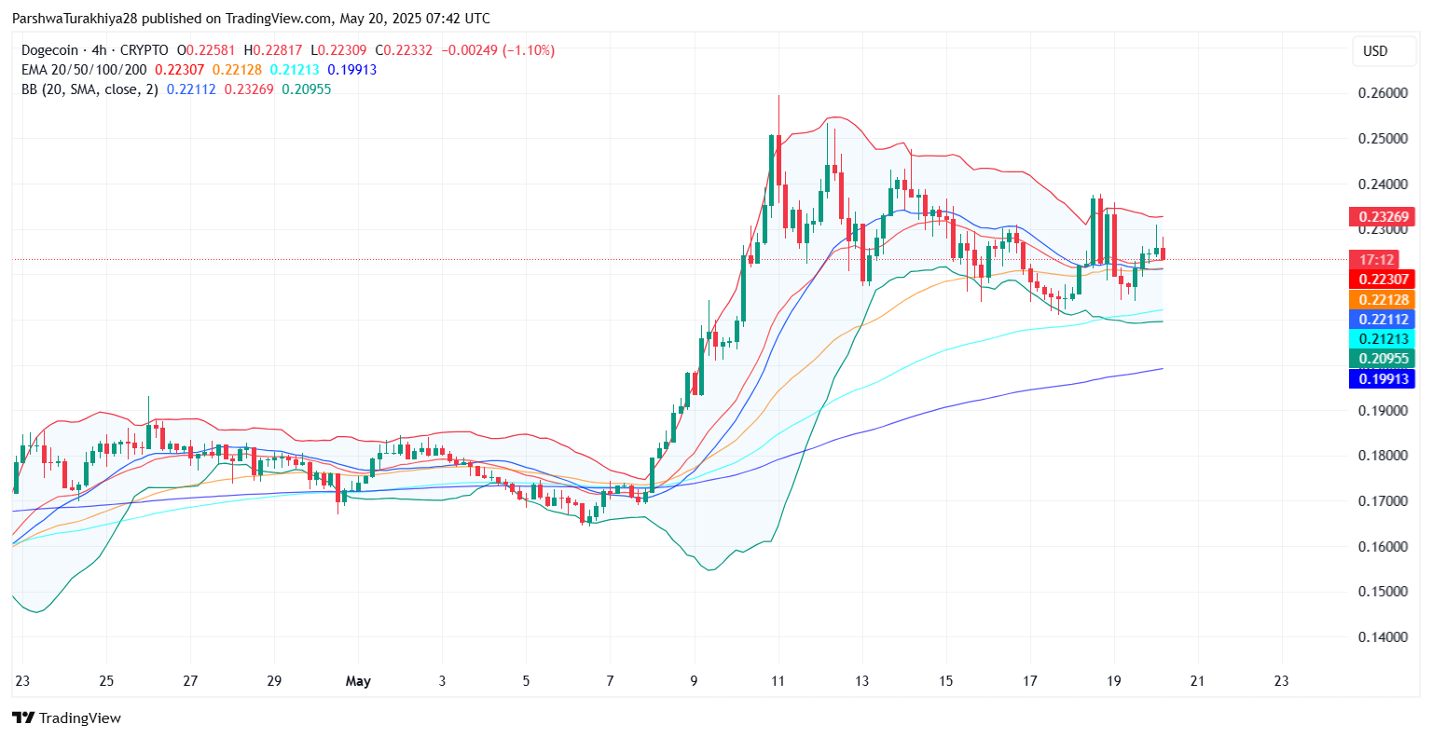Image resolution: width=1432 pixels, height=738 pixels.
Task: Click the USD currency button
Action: pyautogui.click(x=1375, y=51)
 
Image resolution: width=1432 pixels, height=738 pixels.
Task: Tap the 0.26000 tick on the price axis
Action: pyautogui.click(x=1383, y=93)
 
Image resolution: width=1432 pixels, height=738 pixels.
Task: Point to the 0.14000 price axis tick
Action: pyautogui.click(x=1383, y=637)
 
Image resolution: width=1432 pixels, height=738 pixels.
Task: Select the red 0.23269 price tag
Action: pyautogui.click(x=1382, y=217)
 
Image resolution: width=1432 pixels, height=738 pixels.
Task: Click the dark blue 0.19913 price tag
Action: pyautogui.click(x=1382, y=378)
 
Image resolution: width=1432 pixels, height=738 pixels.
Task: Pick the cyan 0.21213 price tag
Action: pyautogui.click(x=1382, y=339)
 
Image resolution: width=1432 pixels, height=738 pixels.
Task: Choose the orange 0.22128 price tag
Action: pyautogui.click(x=1382, y=299)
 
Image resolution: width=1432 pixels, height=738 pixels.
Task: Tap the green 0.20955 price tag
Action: pyautogui.click(x=1382, y=359)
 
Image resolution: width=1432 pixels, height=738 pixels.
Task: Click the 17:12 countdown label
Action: pyautogui.click(x=1377, y=260)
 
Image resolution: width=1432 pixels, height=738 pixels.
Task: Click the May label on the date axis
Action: pyautogui.click(x=358, y=681)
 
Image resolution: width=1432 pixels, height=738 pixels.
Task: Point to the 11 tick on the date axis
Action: pyautogui.click(x=778, y=681)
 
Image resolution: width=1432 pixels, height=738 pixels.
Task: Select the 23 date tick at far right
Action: pyautogui.click(x=1281, y=681)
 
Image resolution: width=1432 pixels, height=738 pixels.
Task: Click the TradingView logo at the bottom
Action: pyautogui.click(x=66, y=717)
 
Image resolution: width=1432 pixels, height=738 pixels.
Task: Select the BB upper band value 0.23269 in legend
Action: pyautogui.click(x=249, y=89)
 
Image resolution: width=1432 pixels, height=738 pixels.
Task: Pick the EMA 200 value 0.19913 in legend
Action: pyautogui.click(x=352, y=70)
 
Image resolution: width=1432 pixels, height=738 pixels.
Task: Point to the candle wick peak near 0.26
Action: pyautogui.click(x=778, y=96)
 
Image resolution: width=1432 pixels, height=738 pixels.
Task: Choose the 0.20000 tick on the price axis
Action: pyautogui.click(x=1383, y=365)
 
